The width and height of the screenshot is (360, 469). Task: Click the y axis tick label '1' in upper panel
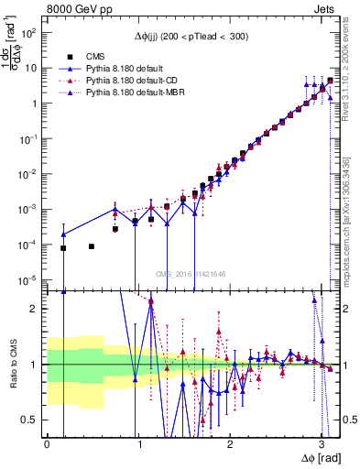click(x=33, y=103)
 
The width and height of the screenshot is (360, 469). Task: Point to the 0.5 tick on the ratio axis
click(x=29, y=420)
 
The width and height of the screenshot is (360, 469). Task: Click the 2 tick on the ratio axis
click(x=33, y=309)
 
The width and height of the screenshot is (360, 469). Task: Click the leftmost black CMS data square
click(x=63, y=248)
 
